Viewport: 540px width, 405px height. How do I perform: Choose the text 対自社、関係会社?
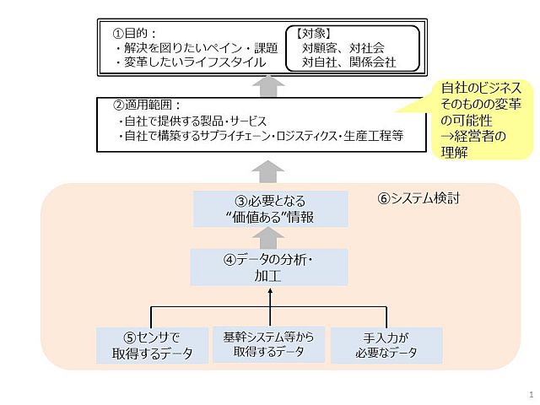pyautogui.click(x=348, y=62)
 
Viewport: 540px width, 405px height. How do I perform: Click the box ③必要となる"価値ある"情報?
pyautogui.click(x=270, y=209)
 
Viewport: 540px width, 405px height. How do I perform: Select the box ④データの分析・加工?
pyautogui.click(x=269, y=267)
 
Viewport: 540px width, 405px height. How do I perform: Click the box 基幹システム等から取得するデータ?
pyautogui.click(x=268, y=344)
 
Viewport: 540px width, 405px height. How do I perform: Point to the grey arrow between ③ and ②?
pyautogui.click(x=268, y=171)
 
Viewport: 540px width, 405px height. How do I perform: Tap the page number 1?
pyautogui.click(x=531, y=395)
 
